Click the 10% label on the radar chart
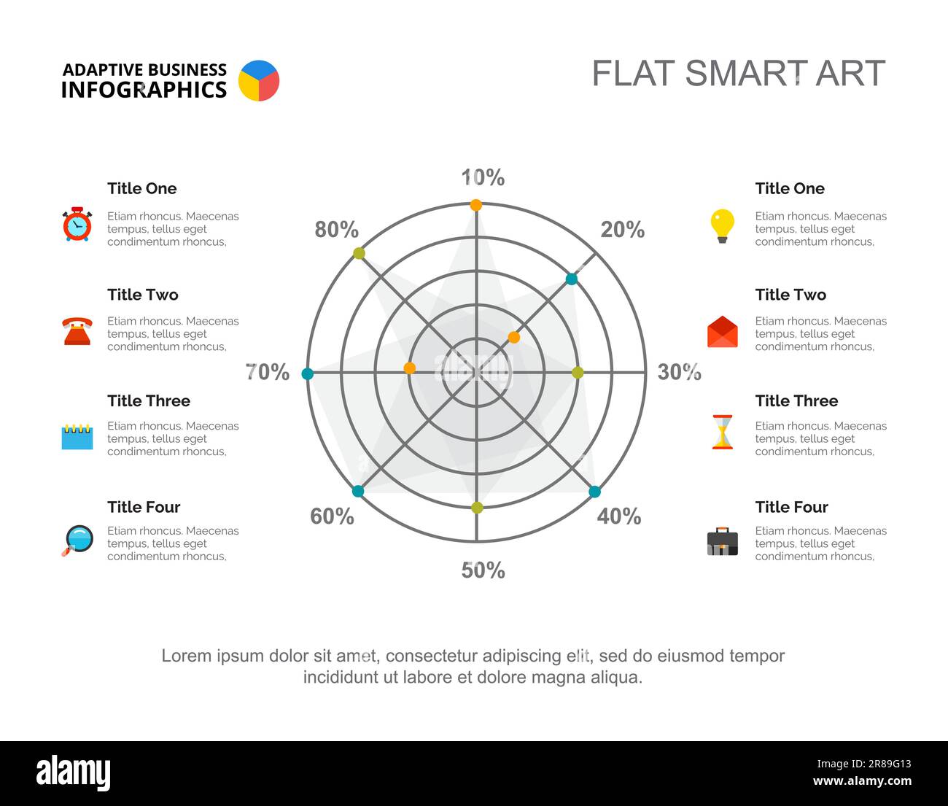tap(483, 177)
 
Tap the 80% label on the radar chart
tap(336, 230)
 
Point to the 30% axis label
tap(679, 372)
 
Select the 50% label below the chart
tap(483, 570)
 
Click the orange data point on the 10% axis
tap(476, 205)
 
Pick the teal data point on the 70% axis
tap(308, 373)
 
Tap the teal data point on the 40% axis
tap(594, 492)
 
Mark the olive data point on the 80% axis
tap(359, 253)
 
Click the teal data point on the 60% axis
tap(358, 491)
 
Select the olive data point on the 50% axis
tap(477, 508)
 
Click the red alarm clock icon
tap(77, 225)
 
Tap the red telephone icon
tap(77, 330)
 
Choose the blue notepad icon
tap(77, 436)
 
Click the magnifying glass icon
tap(78, 540)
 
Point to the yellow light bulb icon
tap(722, 225)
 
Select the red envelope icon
tap(722, 332)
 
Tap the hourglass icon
tap(722, 432)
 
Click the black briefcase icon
tap(722, 541)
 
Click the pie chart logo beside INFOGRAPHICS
tap(259, 80)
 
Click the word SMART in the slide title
tap(736, 74)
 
